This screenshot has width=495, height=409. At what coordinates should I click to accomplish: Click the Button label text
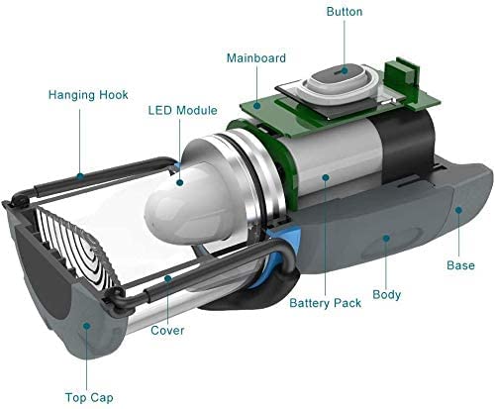point(345,12)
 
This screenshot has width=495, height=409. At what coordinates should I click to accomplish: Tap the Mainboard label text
point(256,58)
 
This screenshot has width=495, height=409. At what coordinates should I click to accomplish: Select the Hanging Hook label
point(88,95)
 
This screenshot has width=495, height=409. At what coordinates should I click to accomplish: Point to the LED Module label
point(182,110)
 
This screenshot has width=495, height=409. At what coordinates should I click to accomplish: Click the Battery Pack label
point(325,303)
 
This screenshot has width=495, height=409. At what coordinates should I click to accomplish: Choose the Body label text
point(386,294)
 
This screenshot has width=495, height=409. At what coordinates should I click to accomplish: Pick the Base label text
point(460,265)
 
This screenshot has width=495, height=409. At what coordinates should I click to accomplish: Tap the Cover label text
point(167,331)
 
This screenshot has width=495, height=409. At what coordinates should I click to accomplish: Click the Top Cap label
point(89,398)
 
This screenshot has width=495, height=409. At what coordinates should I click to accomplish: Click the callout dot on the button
point(345,70)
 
